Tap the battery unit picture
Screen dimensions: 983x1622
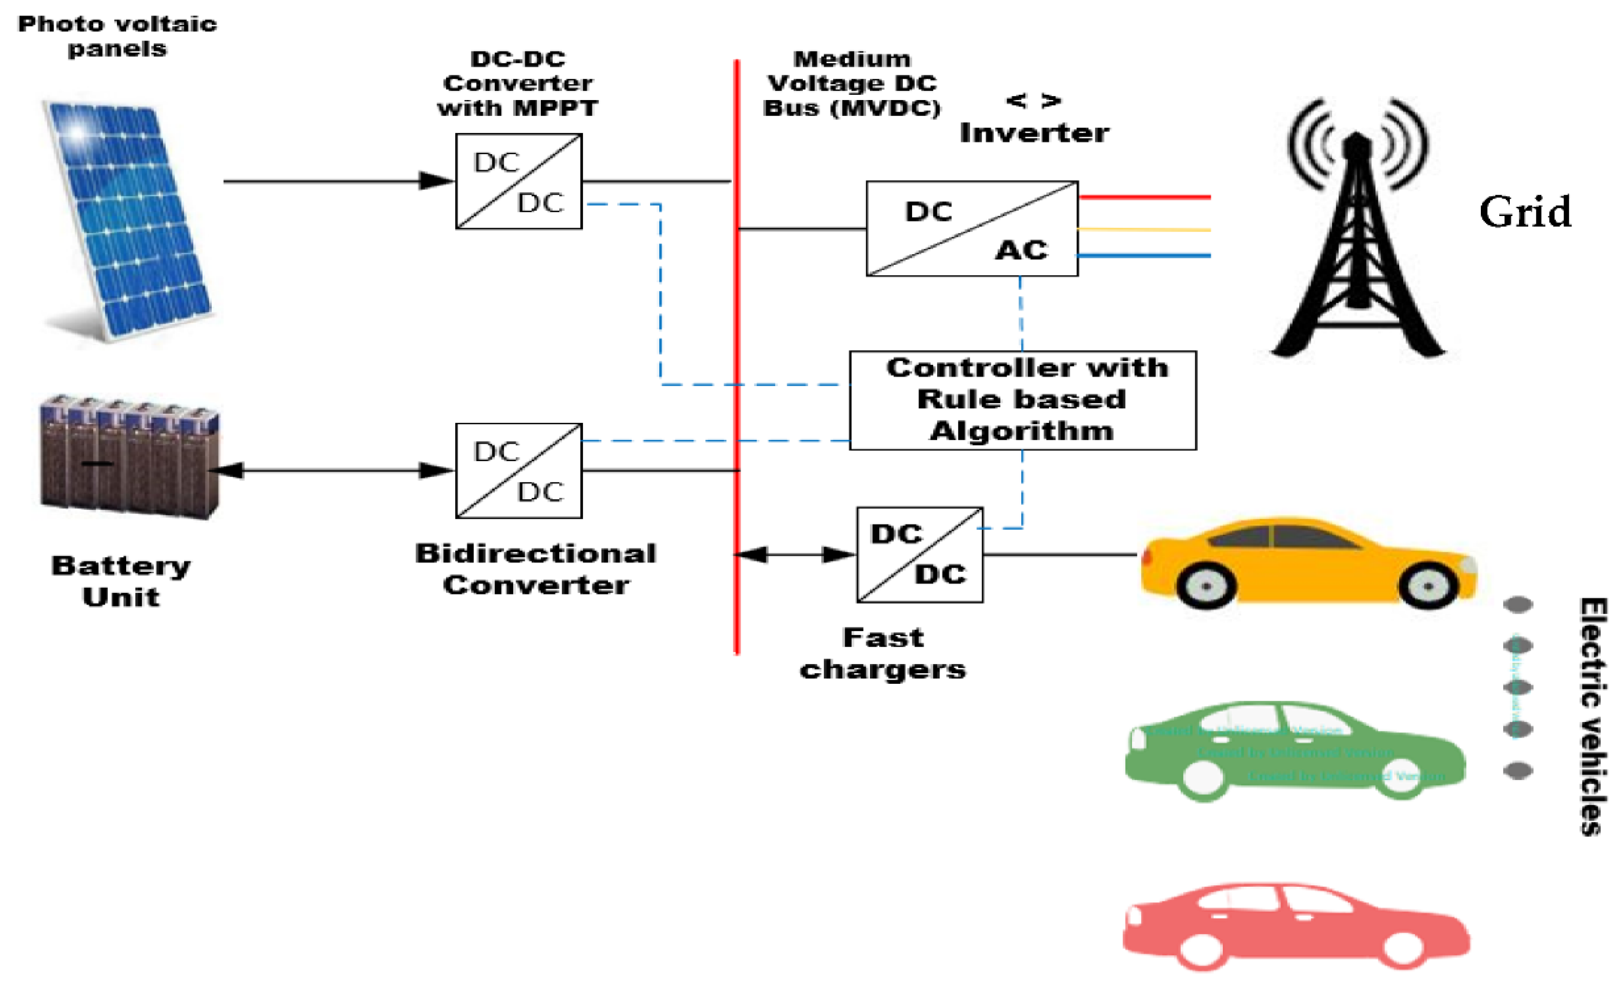pyautogui.click(x=129, y=458)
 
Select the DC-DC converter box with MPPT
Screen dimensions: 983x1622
pyautogui.click(x=519, y=181)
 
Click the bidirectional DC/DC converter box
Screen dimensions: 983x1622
pyautogui.click(x=519, y=470)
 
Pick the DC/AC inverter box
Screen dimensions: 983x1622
pyautogui.click(x=971, y=229)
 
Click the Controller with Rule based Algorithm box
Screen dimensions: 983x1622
pyautogui.click(x=1022, y=400)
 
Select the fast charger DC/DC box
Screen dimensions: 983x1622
pyautogui.click(x=920, y=554)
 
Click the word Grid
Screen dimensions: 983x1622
pyautogui.click(x=1524, y=212)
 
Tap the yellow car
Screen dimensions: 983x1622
pyautogui.click(x=1307, y=563)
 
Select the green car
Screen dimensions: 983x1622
pyautogui.click(x=1293, y=751)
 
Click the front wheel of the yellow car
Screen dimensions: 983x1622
pyautogui.click(x=1427, y=585)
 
